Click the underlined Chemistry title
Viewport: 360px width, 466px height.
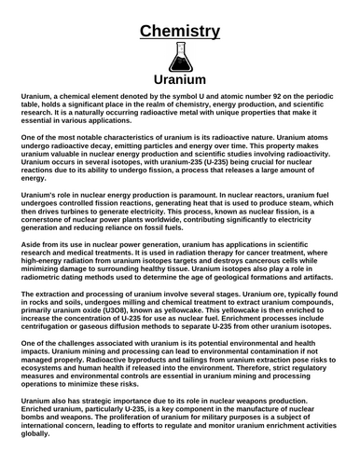180,32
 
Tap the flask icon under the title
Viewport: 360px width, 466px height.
180,58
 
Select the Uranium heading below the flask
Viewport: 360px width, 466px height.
180,80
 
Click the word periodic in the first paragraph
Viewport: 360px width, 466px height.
303,96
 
